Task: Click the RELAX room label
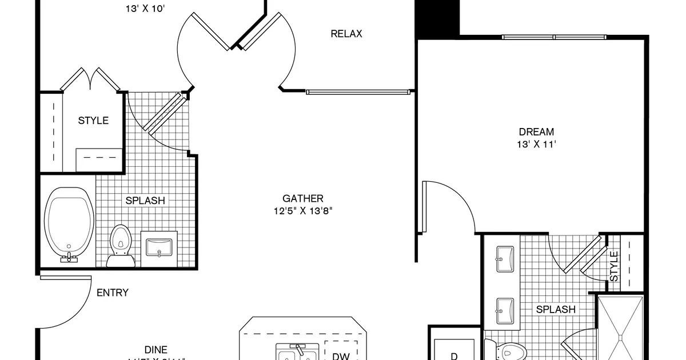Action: point(346,34)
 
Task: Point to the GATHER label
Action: point(303,198)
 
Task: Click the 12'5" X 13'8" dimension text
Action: point(303,211)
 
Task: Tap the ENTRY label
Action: point(113,293)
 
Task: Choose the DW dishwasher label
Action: point(341,356)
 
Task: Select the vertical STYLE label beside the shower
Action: point(614,266)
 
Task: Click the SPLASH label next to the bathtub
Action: point(145,201)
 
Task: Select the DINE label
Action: point(155,350)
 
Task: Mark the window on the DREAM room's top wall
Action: point(553,37)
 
